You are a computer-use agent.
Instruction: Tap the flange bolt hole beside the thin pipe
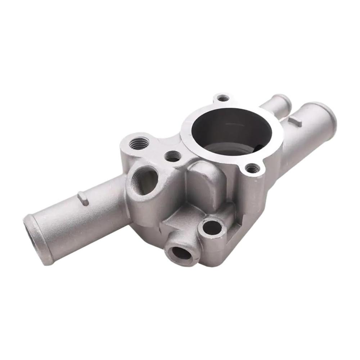(224, 98)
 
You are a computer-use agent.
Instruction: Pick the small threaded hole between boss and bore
(173, 156)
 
